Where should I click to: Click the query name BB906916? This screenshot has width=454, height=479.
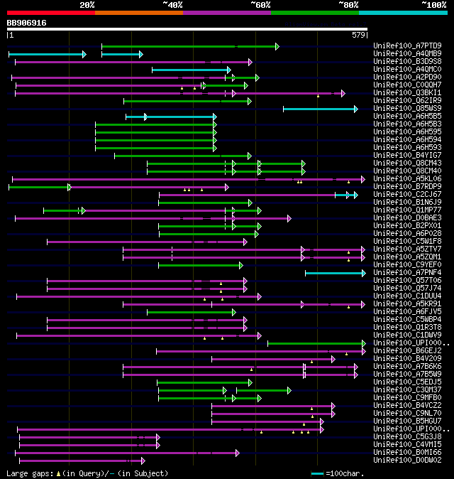26,23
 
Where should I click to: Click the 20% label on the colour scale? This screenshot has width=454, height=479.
87,5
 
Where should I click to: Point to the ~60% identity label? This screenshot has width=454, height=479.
260,5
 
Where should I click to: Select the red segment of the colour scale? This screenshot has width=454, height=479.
50,13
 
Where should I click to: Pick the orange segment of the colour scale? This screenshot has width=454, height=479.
138,13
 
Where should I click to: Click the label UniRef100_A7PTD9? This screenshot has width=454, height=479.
407,46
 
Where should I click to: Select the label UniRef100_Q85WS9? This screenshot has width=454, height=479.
407,109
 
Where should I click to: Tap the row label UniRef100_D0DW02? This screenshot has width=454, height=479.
407,461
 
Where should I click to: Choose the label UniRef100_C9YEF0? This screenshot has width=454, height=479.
407,265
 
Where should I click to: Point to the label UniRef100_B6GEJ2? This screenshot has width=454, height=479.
407,351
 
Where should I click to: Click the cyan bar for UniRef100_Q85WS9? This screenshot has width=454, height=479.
320,109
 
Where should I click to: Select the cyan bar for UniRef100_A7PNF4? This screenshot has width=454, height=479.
335,273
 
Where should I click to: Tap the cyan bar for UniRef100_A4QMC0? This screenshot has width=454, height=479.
191,70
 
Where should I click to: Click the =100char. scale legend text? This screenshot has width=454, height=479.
344,473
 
